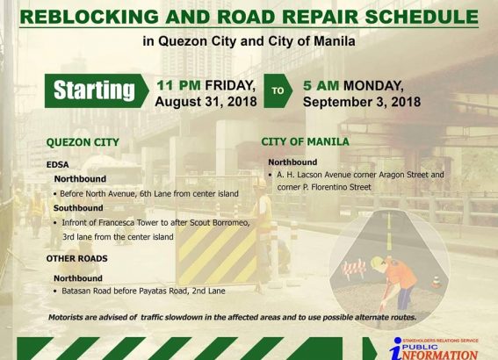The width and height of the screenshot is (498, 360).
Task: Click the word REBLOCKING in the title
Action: (90, 17)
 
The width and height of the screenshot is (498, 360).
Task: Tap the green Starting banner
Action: (97, 90)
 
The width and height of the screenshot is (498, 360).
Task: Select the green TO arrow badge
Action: (278, 90)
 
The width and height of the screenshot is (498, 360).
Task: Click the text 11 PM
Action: (179, 85)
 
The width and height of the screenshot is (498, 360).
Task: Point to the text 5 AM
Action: (321, 86)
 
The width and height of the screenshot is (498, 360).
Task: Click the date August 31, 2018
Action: (206, 102)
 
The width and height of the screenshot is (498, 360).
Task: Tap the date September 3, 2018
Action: (362, 102)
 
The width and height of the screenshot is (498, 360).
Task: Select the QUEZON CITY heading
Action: (83, 142)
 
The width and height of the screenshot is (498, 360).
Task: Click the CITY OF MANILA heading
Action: (306, 141)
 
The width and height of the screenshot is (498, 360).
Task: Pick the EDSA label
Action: (57, 165)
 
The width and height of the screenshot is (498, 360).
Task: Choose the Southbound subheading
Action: (78, 208)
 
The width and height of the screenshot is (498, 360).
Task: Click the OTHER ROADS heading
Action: (77, 258)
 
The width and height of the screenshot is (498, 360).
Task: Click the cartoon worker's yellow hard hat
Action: (378, 263)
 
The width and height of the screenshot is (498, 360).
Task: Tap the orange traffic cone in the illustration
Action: (437, 282)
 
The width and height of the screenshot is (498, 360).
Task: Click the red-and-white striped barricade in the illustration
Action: (353, 270)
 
